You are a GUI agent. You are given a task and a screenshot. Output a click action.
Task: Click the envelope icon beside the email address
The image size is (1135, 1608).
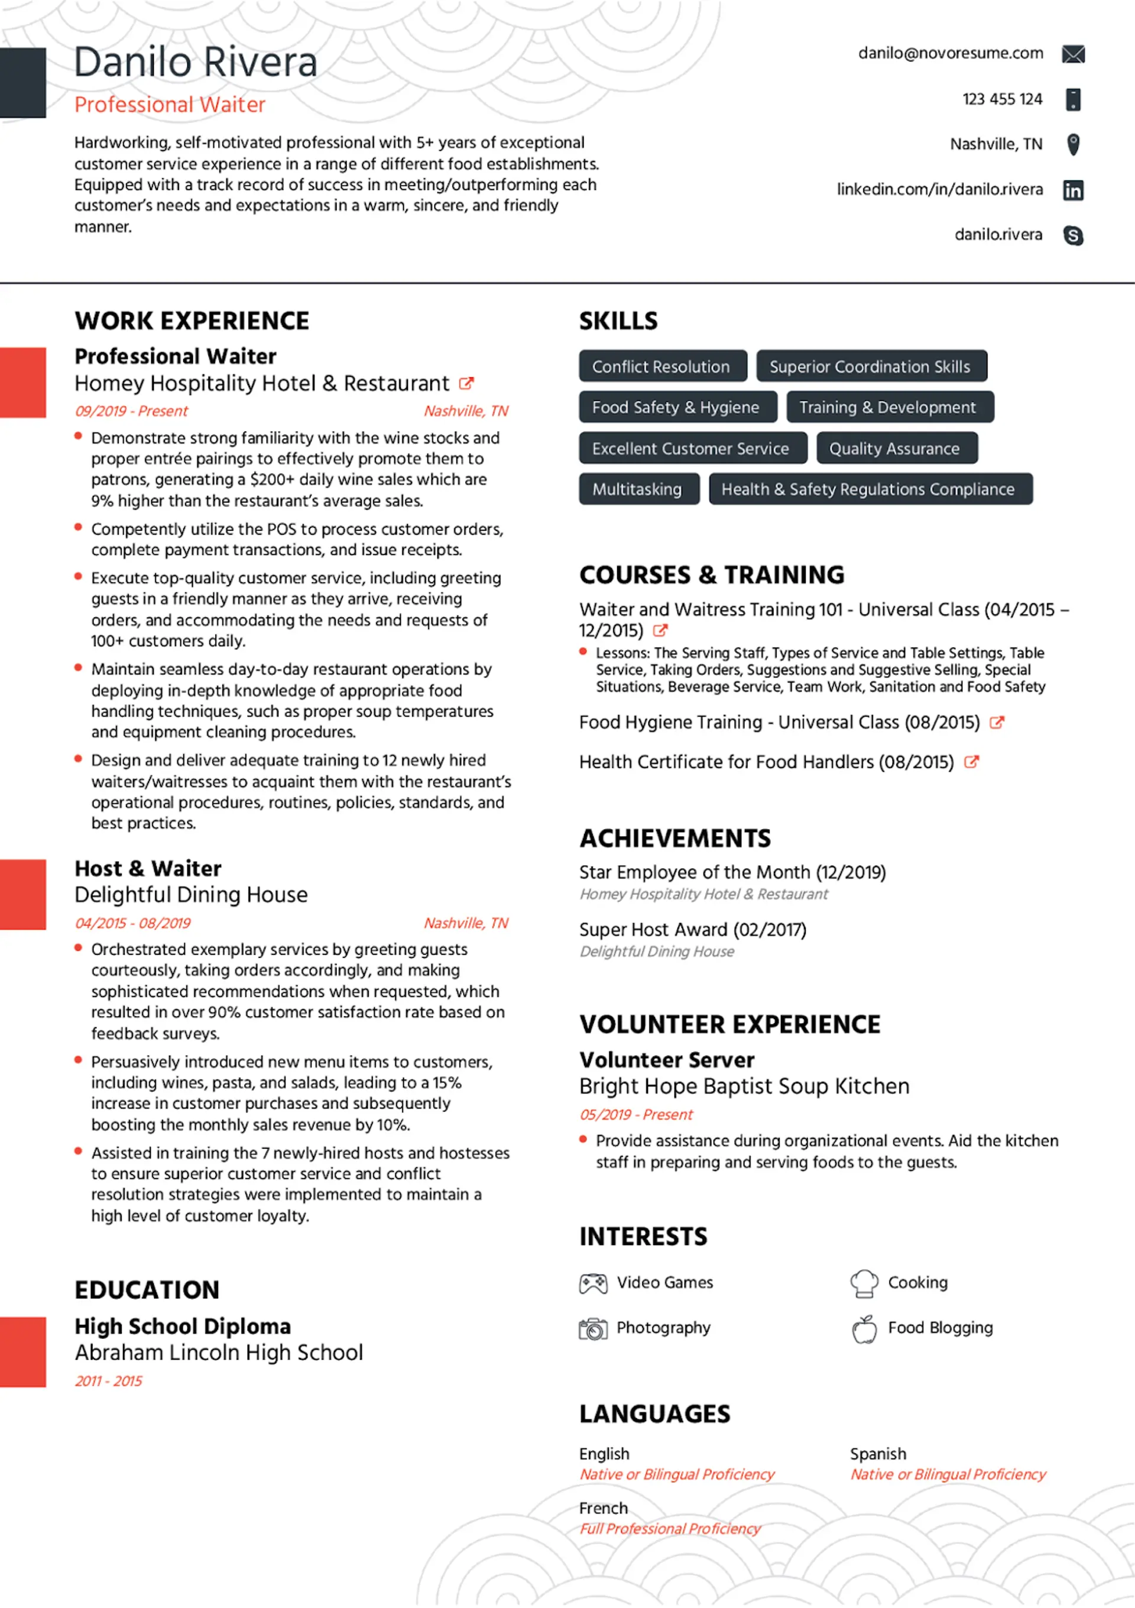point(1073,54)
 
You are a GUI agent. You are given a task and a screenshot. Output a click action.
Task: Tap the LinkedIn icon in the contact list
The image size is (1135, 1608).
point(1073,190)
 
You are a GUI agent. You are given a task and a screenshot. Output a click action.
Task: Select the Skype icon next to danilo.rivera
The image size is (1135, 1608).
point(1073,235)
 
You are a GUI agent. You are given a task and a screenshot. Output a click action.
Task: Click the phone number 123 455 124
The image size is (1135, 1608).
point(1002,99)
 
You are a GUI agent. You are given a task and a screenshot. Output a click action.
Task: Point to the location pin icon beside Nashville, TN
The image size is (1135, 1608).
point(1073,144)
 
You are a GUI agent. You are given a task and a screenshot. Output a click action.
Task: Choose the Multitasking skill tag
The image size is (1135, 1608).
point(638,489)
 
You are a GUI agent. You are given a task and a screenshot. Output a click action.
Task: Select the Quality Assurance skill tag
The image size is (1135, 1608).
point(896,448)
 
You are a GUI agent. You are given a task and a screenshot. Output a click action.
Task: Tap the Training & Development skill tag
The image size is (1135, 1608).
point(889,407)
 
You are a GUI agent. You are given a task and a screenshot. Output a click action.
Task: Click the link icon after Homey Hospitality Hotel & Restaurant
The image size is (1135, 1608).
point(466,383)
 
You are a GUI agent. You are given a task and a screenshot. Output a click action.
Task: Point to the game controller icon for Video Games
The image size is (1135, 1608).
point(593,1283)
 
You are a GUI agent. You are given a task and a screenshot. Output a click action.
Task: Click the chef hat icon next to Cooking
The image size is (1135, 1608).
point(864,1283)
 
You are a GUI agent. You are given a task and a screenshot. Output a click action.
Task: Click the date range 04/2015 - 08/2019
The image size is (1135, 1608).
point(132,923)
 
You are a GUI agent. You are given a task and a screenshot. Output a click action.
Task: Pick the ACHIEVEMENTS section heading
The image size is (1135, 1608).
point(675,839)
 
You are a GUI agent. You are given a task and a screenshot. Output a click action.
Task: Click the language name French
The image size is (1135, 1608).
point(603,1508)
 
